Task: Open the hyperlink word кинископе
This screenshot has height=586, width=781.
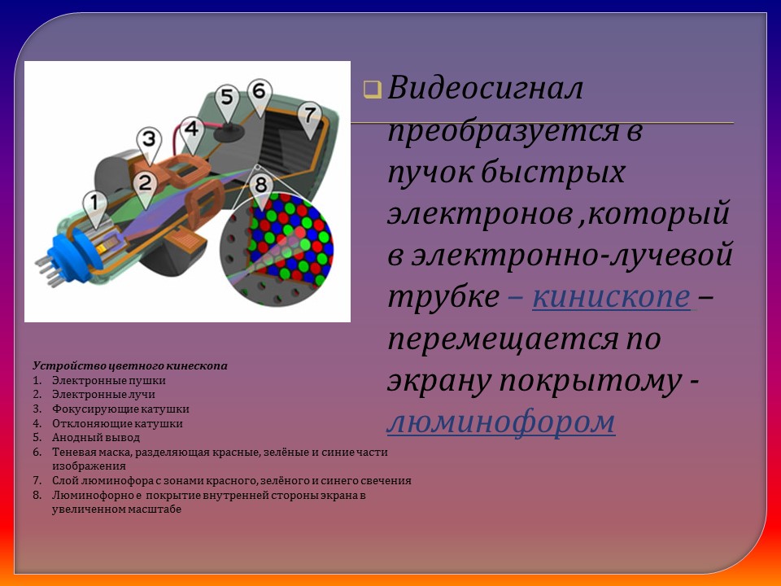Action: point(612,297)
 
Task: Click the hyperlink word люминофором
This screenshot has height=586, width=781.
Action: point(500,422)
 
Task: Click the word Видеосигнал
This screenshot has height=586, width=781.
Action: point(485,89)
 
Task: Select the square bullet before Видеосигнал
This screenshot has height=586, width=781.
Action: point(372,90)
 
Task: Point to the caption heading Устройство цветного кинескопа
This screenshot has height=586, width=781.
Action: point(130,366)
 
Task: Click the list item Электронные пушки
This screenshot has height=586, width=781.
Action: point(109,380)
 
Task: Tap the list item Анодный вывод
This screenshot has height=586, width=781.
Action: point(96,438)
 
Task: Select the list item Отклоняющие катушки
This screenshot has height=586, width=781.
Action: point(117,423)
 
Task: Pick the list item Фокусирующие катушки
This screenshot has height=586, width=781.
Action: point(120,409)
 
